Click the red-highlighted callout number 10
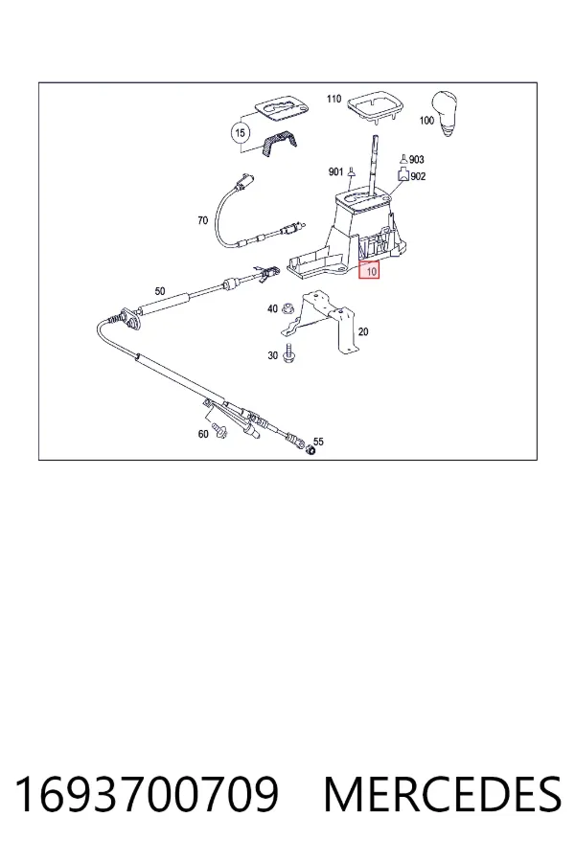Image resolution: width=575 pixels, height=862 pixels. (369, 270)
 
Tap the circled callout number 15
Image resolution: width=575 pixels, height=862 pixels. (240, 133)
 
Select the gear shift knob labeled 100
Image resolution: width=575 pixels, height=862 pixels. (446, 113)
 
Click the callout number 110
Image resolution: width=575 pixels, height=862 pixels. (334, 99)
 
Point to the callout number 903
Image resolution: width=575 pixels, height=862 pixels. (417, 159)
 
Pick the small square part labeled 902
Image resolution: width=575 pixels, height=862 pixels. (403, 175)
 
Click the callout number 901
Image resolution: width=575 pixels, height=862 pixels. (335, 172)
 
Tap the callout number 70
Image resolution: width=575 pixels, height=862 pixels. (202, 220)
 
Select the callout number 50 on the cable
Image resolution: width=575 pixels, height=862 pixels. (160, 291)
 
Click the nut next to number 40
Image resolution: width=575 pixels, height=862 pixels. (287, 309)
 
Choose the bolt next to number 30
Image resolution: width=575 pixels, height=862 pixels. (287, 352)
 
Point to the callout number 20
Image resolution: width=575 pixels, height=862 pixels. (363, 332)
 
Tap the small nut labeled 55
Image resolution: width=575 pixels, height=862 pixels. (310, 451)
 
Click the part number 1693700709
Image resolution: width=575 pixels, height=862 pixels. (147, 794)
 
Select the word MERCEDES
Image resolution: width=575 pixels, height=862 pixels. (443, 794)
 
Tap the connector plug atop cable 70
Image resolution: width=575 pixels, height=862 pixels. (243, 181)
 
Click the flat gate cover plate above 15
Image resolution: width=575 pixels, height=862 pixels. (283, 109)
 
